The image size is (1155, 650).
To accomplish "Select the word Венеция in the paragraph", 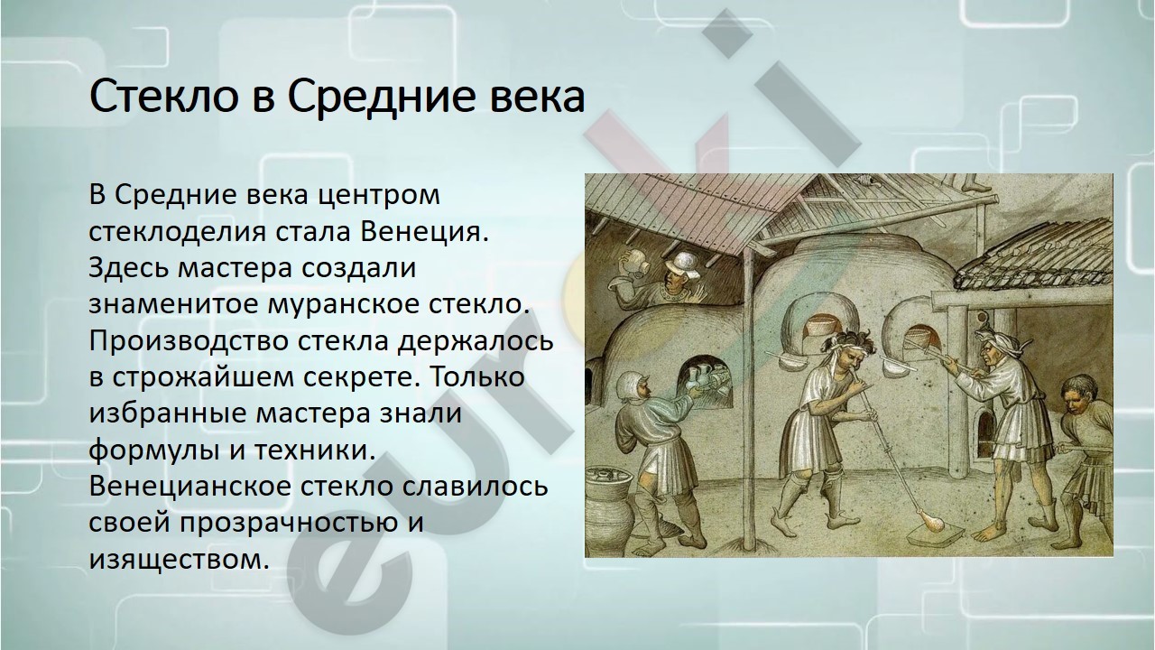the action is pos(423,233).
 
